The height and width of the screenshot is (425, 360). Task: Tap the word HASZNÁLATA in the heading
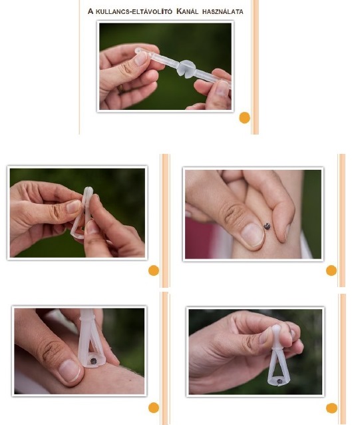(223, 11)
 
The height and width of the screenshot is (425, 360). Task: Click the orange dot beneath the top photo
(245, 118)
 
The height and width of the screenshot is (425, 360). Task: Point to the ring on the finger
(120, 89)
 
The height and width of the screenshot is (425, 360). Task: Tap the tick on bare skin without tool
(267, 226)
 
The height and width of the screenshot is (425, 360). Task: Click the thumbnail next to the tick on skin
(252, 234)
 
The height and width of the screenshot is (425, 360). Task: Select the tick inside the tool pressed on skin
(93, 361)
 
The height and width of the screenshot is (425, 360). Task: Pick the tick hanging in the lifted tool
(279, 381)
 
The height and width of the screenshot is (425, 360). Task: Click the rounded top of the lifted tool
(277, 330)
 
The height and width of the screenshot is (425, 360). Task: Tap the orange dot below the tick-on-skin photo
(331, 270)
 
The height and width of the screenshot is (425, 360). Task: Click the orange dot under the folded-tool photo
(154, 270)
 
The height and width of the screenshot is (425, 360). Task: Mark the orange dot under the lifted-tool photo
(331, 408)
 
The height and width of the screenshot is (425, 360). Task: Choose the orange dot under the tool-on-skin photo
(154, 408)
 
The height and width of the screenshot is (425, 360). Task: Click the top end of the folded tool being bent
(88, 189)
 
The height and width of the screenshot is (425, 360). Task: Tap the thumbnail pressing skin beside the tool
(70, 370)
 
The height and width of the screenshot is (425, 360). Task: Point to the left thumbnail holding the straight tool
(141, 58)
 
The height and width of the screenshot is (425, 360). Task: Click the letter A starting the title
(90, 11)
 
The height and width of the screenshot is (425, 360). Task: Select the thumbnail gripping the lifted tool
(264, 336)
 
